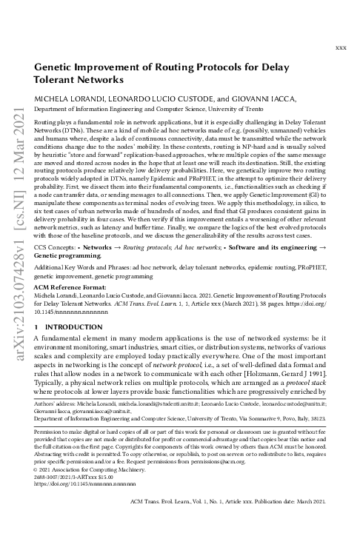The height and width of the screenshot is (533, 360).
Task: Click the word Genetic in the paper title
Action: click(x=57, y=67)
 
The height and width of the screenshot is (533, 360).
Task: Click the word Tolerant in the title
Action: click(x=59, y=79)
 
